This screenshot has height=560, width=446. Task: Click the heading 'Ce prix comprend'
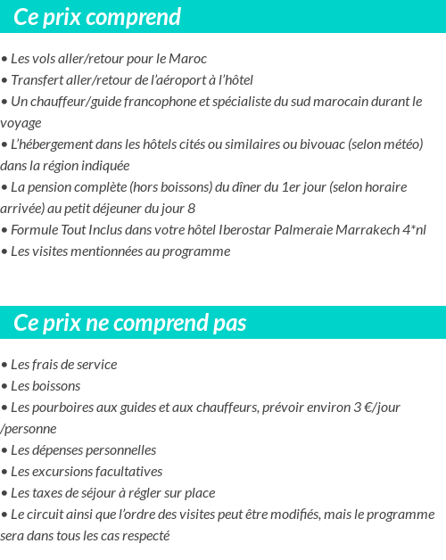[x=97, y=17]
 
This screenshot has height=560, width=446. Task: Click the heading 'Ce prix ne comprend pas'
[x=130, y=322]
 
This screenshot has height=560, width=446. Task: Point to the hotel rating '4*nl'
[x=413, y=230]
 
